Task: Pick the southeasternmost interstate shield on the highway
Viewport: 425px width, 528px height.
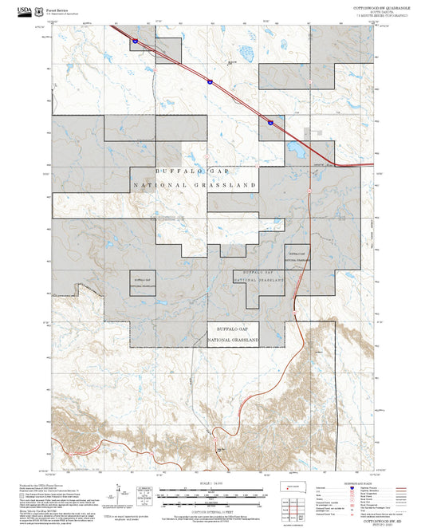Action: (270, 122)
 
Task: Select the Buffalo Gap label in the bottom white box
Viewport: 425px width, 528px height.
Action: (233, 329)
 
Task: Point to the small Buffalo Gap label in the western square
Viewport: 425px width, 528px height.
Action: (143, 281)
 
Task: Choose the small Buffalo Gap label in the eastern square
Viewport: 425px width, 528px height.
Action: (297, 253)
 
